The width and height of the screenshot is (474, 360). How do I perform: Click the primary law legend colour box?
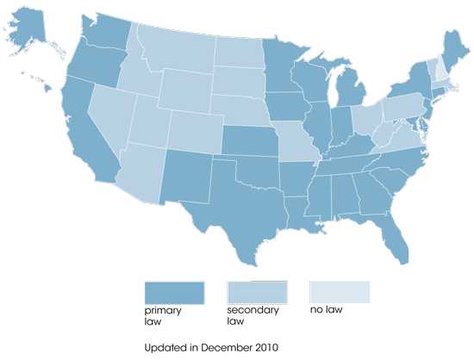[x=175, y=292]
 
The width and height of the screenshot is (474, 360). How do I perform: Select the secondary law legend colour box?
[x=258, y=292]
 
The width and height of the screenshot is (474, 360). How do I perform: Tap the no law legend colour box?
[x=340, y=292]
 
